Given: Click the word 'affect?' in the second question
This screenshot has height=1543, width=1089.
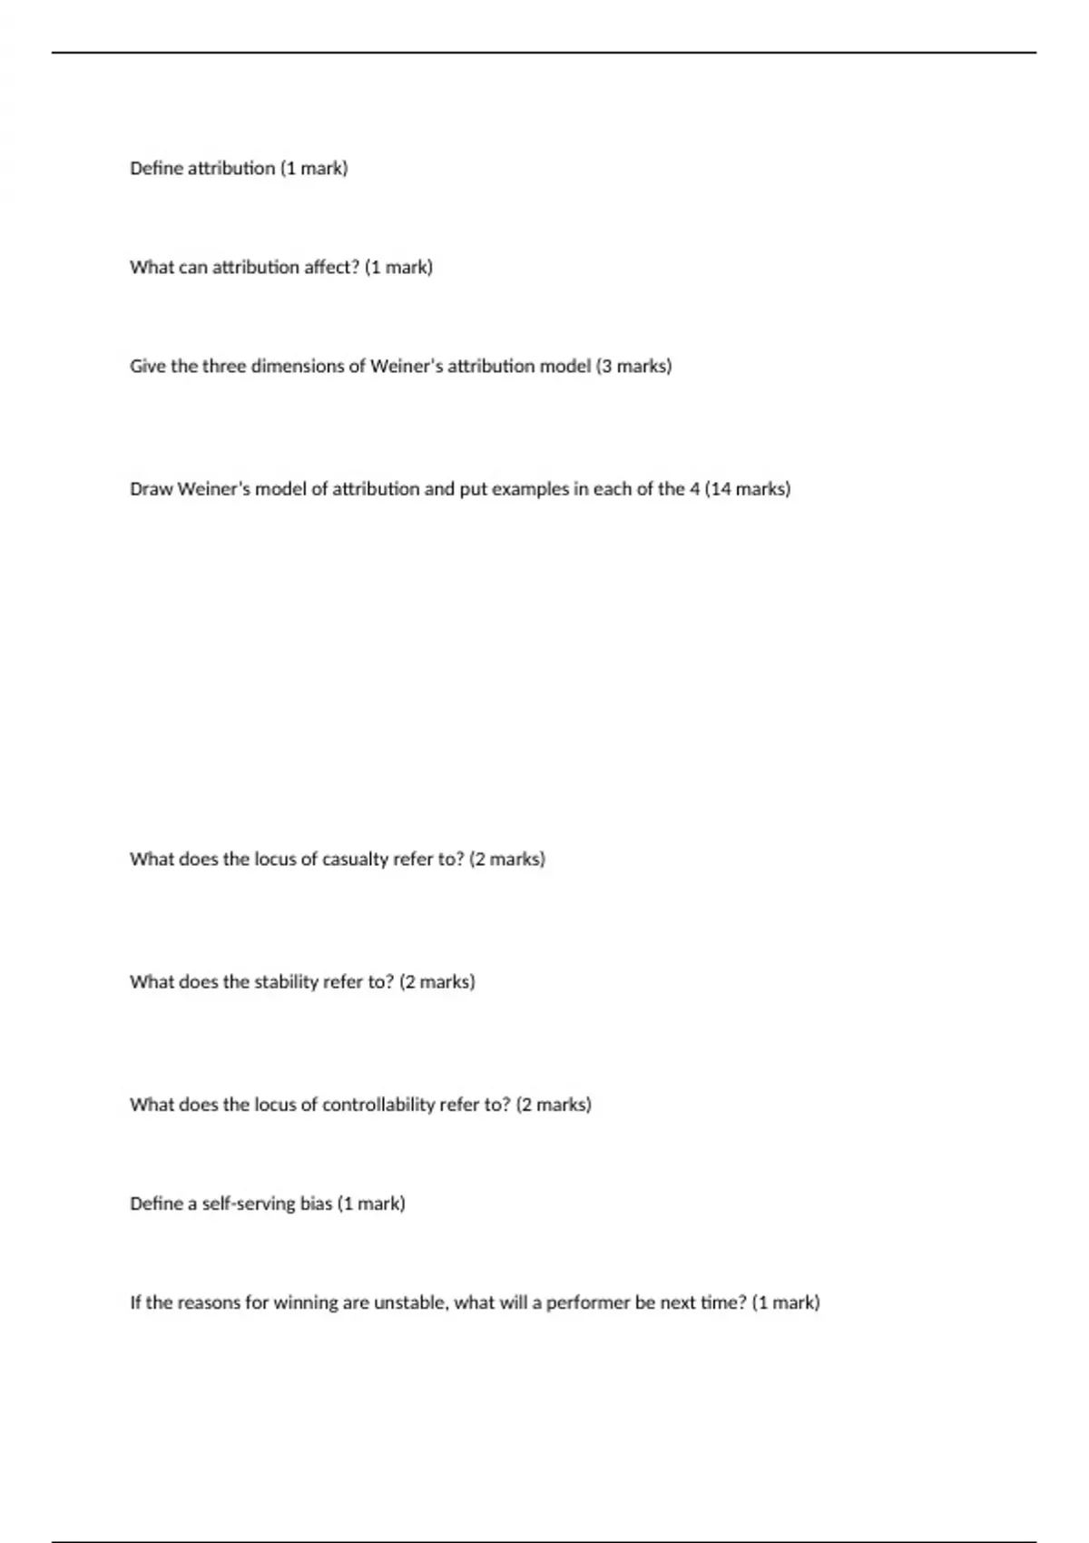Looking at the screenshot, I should (330, 267).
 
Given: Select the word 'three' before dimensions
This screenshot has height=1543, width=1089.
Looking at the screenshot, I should (224, 366).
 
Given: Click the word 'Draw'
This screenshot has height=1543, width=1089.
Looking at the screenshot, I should (152, 488).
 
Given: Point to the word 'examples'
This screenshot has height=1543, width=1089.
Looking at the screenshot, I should (534, 488).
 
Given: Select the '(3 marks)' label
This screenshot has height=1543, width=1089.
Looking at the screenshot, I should (633, 366).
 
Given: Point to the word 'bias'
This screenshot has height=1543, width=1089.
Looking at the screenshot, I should (317, 1204).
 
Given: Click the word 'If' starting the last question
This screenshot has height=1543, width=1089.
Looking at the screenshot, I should (135, 1302).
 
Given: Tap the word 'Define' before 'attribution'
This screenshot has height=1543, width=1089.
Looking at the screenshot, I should (156, 168).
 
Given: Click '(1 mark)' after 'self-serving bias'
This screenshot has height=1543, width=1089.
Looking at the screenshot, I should (371, 1204).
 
